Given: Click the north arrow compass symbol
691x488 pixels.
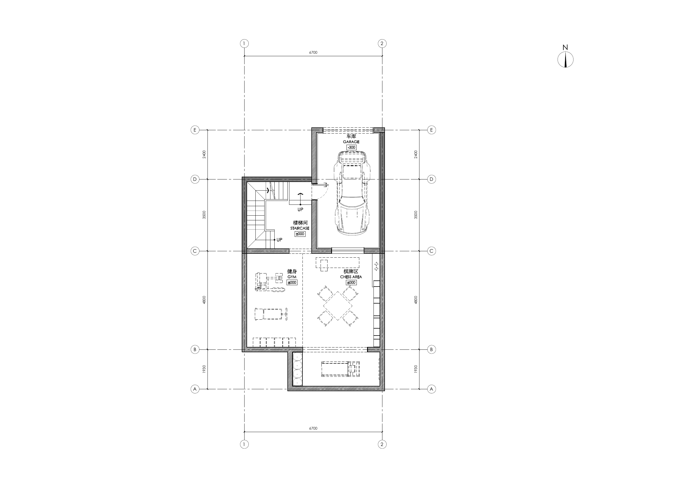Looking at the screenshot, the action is pos(565,60).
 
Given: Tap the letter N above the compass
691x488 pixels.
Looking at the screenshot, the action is pos(565,48).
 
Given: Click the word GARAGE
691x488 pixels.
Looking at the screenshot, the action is pos(351,142).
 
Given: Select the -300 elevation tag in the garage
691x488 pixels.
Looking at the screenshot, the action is pos(351,147).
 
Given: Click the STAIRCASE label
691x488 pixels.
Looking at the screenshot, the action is pos(300,228).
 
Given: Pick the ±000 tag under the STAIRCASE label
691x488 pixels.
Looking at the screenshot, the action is pos(300,234).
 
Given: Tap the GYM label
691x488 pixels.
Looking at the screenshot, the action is pos(292,277).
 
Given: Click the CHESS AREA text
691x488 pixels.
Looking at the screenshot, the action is pos(351,277).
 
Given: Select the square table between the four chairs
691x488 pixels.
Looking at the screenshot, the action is pos(338,306).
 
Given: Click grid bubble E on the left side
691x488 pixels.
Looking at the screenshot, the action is pos(195,130).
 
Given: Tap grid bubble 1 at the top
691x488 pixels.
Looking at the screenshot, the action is pos(244,44).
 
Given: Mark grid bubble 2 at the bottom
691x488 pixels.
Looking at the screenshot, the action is pos(382,444).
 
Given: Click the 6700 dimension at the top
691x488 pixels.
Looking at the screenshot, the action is pos(313,53).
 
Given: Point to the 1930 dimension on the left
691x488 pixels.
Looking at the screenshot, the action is pos(204,369).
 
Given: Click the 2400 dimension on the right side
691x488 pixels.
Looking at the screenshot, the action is pos(416,154).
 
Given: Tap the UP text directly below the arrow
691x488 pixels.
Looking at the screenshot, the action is pos(300,210).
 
